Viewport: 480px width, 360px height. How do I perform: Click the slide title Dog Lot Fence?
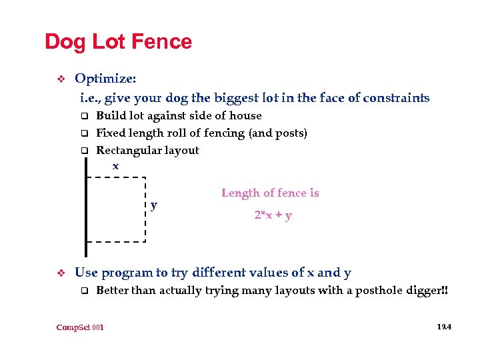point(118,42)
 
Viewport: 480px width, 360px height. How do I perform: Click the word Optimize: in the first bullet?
point(105,79)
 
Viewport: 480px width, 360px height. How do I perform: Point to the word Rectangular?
point(128,150)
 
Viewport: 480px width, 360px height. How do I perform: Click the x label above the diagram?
point(115,166)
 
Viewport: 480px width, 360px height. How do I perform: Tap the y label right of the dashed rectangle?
point(154,205)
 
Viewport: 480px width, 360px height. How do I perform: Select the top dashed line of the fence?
point(117,177)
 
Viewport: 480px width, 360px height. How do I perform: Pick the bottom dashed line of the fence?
point(117,240)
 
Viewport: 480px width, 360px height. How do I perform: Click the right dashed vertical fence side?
point(145,209)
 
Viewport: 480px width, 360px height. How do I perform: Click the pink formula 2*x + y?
point(273,215)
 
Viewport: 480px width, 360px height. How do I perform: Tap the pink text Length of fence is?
point(270,193)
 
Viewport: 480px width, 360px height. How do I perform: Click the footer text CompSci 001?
point(81,327)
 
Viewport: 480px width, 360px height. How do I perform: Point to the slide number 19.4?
point(443,327)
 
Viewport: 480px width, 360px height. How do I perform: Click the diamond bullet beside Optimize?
point(60,79)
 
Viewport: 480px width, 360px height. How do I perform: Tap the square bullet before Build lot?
point(85,116)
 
